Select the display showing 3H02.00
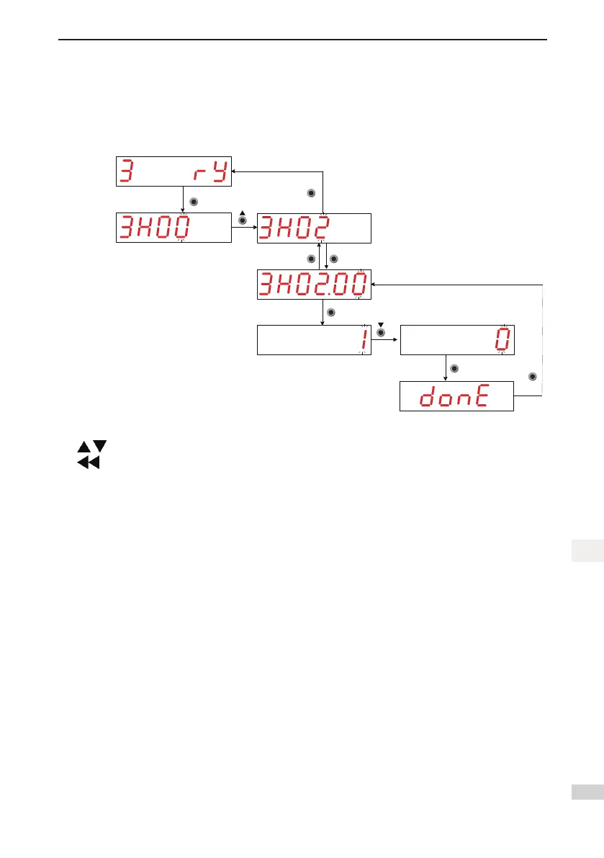pyautogui.click(x=314, y=285)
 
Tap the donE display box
pyautogui.click(x=456, y=397)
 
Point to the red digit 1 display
pyautogui.click(x=313, y=341)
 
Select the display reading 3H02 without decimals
pyautogui.click(x=314, y=228)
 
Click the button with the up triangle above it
pyautogui.click(x=243, y=220)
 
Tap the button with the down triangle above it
pyautogui.click(x=382, y=333)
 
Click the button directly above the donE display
pyautogui.click(x=454, y=369)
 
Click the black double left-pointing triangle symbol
pyautogui.click(x=88, y=463)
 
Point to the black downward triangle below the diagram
pyautogui.click(x=100, y=447)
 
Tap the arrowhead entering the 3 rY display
pyautogui.click(x=235, y=171)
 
